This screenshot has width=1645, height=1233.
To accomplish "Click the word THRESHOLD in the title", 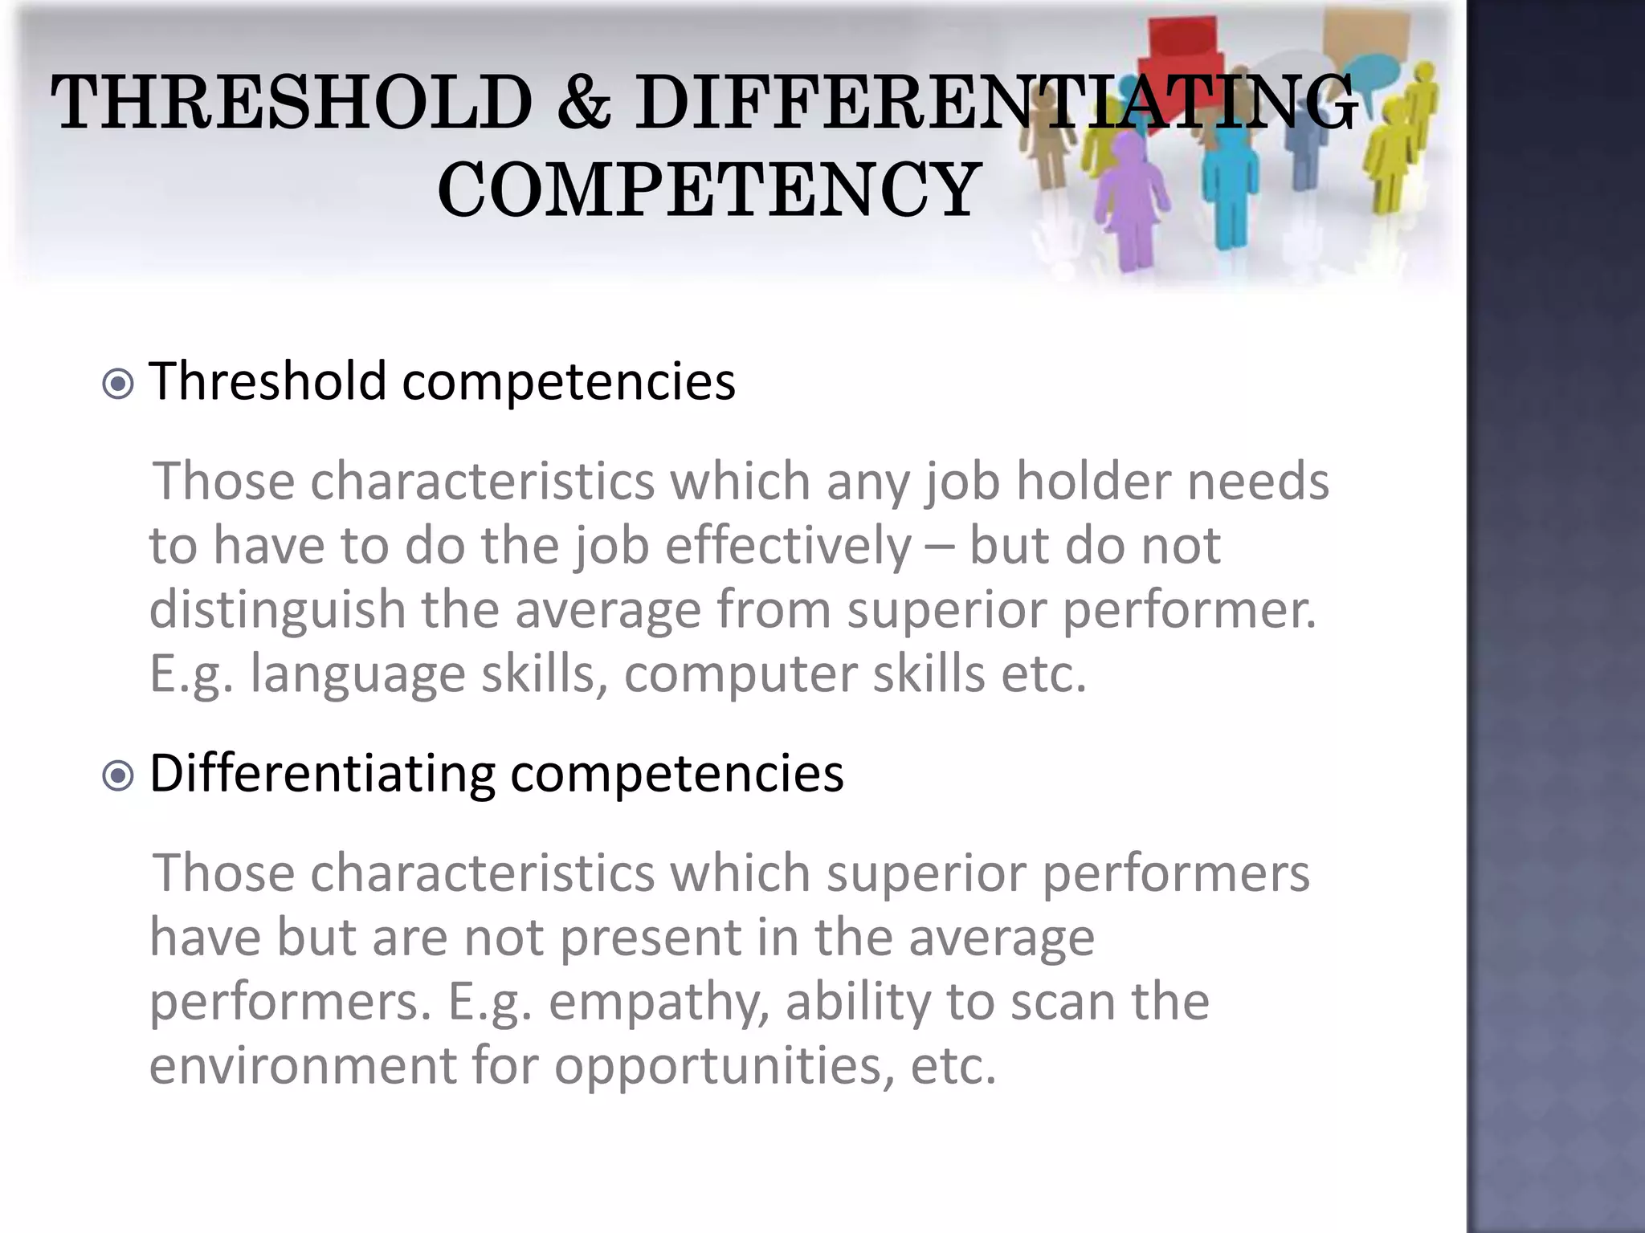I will [x=292, y=102].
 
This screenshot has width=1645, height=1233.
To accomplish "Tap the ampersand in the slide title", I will [x=583, y=102].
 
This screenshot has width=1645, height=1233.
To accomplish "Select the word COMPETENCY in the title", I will [x=708, y=189].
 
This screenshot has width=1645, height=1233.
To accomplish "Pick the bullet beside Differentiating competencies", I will [x=119, y=776].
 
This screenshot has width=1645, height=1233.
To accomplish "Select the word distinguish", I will [x=277, y=610].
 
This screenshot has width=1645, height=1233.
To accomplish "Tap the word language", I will [x=357, y=674].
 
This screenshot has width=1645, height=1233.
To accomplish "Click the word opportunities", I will [x=723, y=1068].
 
